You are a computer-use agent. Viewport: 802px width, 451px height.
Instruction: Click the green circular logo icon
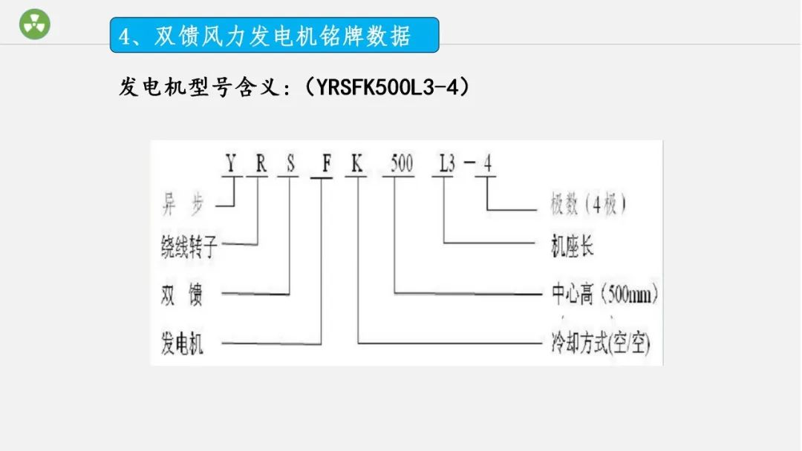coord(34,24)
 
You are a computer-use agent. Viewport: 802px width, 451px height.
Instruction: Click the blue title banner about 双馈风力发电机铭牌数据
coord(274,35)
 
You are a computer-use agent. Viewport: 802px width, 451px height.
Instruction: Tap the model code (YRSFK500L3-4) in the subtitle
coord(393,88)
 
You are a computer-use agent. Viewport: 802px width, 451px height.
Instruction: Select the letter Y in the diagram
coord(231,164)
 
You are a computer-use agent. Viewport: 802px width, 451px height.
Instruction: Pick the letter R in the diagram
coord(261,164)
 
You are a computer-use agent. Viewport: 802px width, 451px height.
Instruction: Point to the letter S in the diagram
coord(290,164)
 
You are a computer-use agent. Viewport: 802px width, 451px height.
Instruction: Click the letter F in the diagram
coord(325,164)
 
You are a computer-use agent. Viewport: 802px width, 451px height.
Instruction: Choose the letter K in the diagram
coord(357,164)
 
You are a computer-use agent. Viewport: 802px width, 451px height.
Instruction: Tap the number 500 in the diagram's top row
coord(400,164)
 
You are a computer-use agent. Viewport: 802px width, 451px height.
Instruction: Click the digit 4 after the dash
coord(487,164)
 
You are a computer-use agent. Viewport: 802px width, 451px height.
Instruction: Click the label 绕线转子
coord(190,247)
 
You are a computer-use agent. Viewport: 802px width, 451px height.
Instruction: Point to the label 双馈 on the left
coord(182,295)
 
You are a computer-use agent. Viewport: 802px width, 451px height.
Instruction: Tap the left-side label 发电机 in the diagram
coord(182,343)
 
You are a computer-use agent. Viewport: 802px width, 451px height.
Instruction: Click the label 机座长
coord(572,247)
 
